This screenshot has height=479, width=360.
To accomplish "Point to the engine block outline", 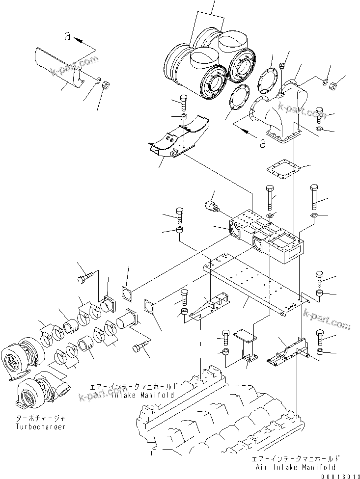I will pos(216,422).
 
